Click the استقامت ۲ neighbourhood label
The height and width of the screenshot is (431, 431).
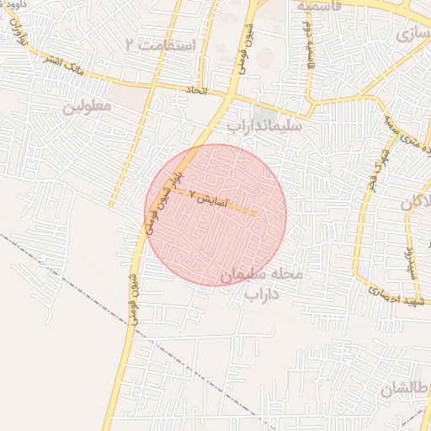(160, 44)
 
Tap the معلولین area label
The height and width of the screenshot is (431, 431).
(88, 109)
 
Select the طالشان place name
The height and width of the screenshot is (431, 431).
(404, 389)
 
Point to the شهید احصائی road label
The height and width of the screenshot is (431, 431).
(397, 294)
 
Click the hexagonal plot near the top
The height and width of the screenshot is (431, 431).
(265, 58)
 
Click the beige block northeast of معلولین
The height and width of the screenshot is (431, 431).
(126, 98)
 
